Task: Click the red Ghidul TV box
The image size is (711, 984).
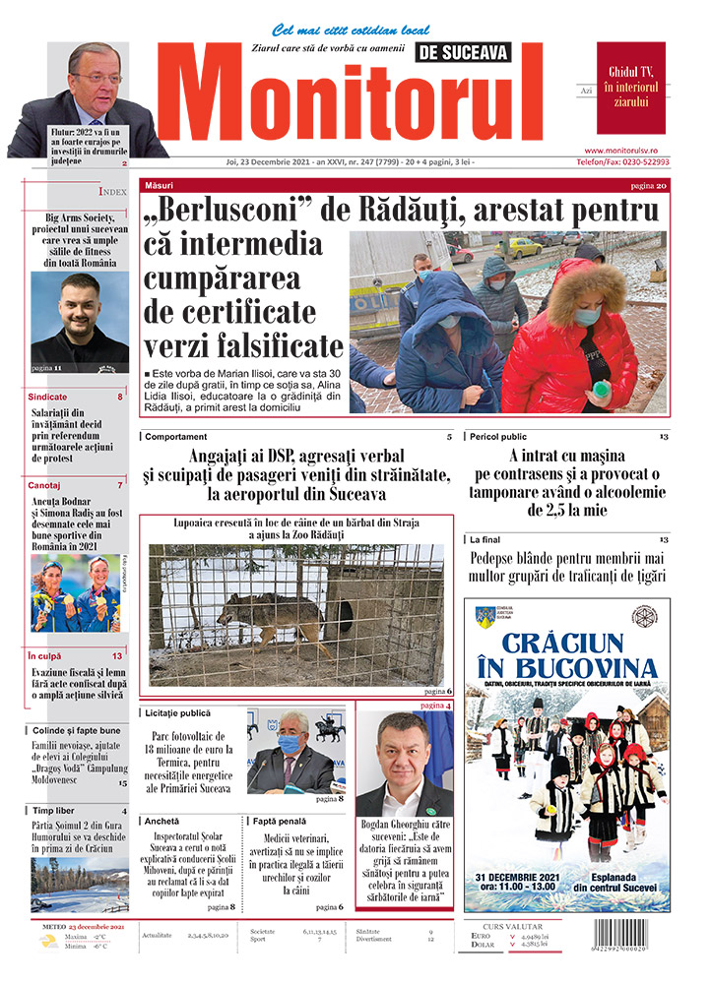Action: click(630, 88)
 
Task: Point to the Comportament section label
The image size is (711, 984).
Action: click(175, 436)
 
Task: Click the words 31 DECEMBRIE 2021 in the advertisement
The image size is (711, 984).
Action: click(525, 877)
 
